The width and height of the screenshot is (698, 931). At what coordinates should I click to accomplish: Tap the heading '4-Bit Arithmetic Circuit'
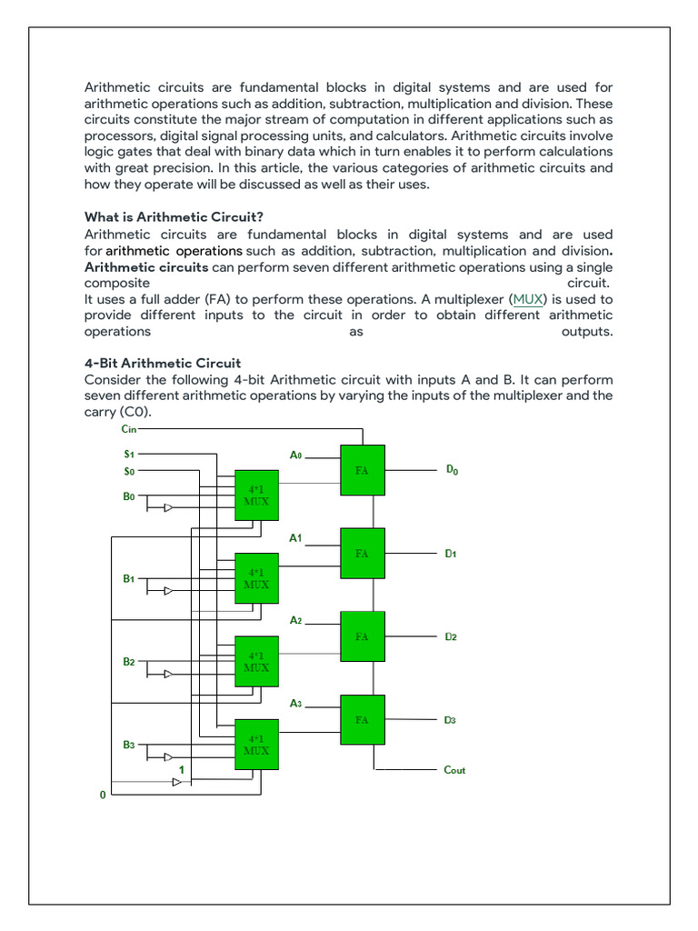163,363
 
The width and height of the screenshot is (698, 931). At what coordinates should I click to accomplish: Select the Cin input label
128,428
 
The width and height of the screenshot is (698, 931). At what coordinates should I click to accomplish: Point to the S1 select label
128,453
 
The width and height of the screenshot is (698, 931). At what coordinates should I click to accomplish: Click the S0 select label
128,472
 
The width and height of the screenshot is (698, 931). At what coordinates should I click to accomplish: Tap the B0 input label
128,497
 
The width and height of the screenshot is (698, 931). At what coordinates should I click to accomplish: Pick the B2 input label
128,662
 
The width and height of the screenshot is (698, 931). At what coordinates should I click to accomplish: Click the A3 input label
295,704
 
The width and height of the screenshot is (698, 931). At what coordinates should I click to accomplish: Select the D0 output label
452,470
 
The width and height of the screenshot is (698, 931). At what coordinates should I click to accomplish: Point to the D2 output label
451,636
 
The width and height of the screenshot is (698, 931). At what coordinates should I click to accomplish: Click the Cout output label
454,770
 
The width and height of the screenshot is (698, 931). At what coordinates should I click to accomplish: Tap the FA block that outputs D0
363,470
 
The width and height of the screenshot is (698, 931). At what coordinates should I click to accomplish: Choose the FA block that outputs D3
363,720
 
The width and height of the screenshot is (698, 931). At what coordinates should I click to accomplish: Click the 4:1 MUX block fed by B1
256,578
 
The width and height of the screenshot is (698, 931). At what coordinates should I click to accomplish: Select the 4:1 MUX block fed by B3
256,745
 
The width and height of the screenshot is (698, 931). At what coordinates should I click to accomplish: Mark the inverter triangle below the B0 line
168,508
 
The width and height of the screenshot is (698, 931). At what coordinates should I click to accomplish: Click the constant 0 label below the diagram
103,796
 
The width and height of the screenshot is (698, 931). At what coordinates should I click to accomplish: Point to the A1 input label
295,538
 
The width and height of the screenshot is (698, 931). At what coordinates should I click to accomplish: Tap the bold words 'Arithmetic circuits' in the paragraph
146,267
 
